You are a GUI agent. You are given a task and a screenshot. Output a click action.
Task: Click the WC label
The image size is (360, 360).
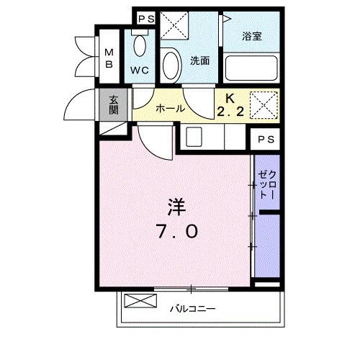point(140,71)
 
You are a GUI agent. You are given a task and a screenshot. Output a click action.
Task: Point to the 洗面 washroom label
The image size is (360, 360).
point(199,61)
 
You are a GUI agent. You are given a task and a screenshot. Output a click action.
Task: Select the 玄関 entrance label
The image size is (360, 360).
point(114,105)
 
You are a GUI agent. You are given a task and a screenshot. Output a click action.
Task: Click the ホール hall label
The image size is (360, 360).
point(170,109)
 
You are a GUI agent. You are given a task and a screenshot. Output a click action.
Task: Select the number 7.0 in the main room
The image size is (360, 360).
point(175,233)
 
